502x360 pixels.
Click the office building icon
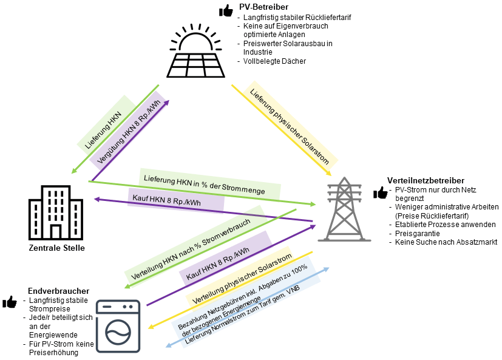pos(56,212)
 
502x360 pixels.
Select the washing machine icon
pos(118,326)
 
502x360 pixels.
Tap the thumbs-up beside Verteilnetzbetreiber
pos(381,193)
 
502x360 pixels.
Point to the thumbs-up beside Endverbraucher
pos(10,302)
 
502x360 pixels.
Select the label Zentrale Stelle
pos(57,248)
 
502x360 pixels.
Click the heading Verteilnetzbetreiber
pos(426,180)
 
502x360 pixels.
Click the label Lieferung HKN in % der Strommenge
pos(203,185)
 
